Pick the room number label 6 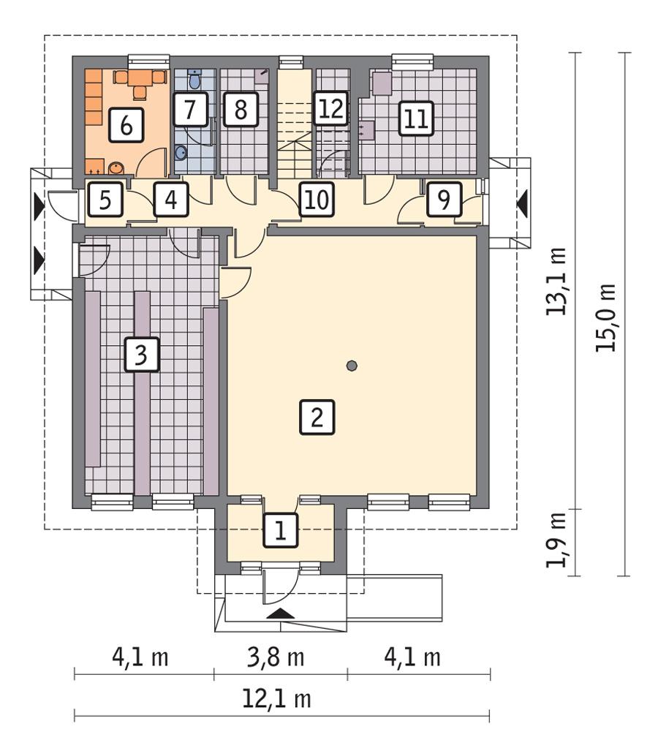click(x=126, y=125)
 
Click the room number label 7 click(x=189, y=110)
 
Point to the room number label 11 click(x=415, y=118)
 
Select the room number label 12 click(x=330, y=110)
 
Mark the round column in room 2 click(x=352, y=366)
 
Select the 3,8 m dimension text click(x=279, y=657)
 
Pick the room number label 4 click(x=170, y=200)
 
